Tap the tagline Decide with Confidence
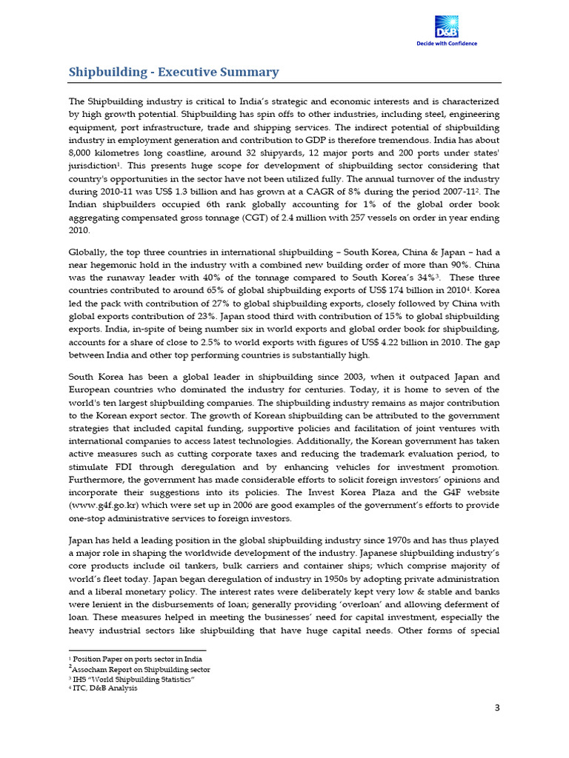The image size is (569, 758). click(x=445, y=43)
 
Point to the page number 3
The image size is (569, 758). click(x=498, y=708)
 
